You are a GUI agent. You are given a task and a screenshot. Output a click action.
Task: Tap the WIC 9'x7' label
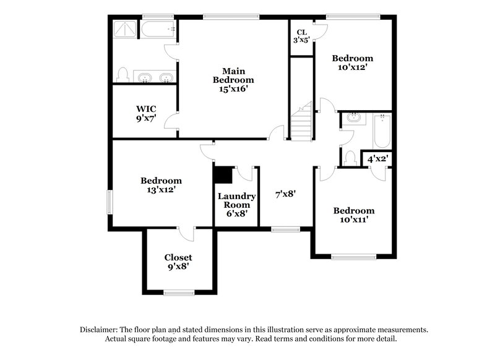pyautogui.click(x=146, y=113)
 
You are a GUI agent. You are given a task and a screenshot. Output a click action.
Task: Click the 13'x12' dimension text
pyautogui.click(x=161, y=191)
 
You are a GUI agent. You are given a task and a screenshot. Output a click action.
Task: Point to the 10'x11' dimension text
pyautogui.click(x=353, y=220)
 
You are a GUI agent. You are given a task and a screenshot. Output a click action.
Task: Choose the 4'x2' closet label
pyautogui.click(x=377, y=159)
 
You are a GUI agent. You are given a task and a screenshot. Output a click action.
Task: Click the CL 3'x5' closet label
pyautogui.click(x=302, y=36)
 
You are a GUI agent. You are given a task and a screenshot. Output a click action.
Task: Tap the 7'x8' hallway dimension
pyautogui.click(x=285, y=194)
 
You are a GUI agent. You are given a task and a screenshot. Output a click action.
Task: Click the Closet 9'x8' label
pyautogui.click(x=178, y=262)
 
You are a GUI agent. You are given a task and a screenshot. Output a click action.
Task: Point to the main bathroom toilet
pyautogui.click(x=123, y=75)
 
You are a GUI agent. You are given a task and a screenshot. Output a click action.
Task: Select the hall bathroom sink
pyautogui.click(x=353, y=117)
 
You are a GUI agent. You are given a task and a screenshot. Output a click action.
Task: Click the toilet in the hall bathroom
pyautogui.click(x=350, y=158)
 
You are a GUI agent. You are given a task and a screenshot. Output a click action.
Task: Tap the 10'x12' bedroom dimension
pyautogui.click(x=354, y=67)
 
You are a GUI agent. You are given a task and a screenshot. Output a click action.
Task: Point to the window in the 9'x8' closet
pyautogui.click(x=179, y=292)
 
